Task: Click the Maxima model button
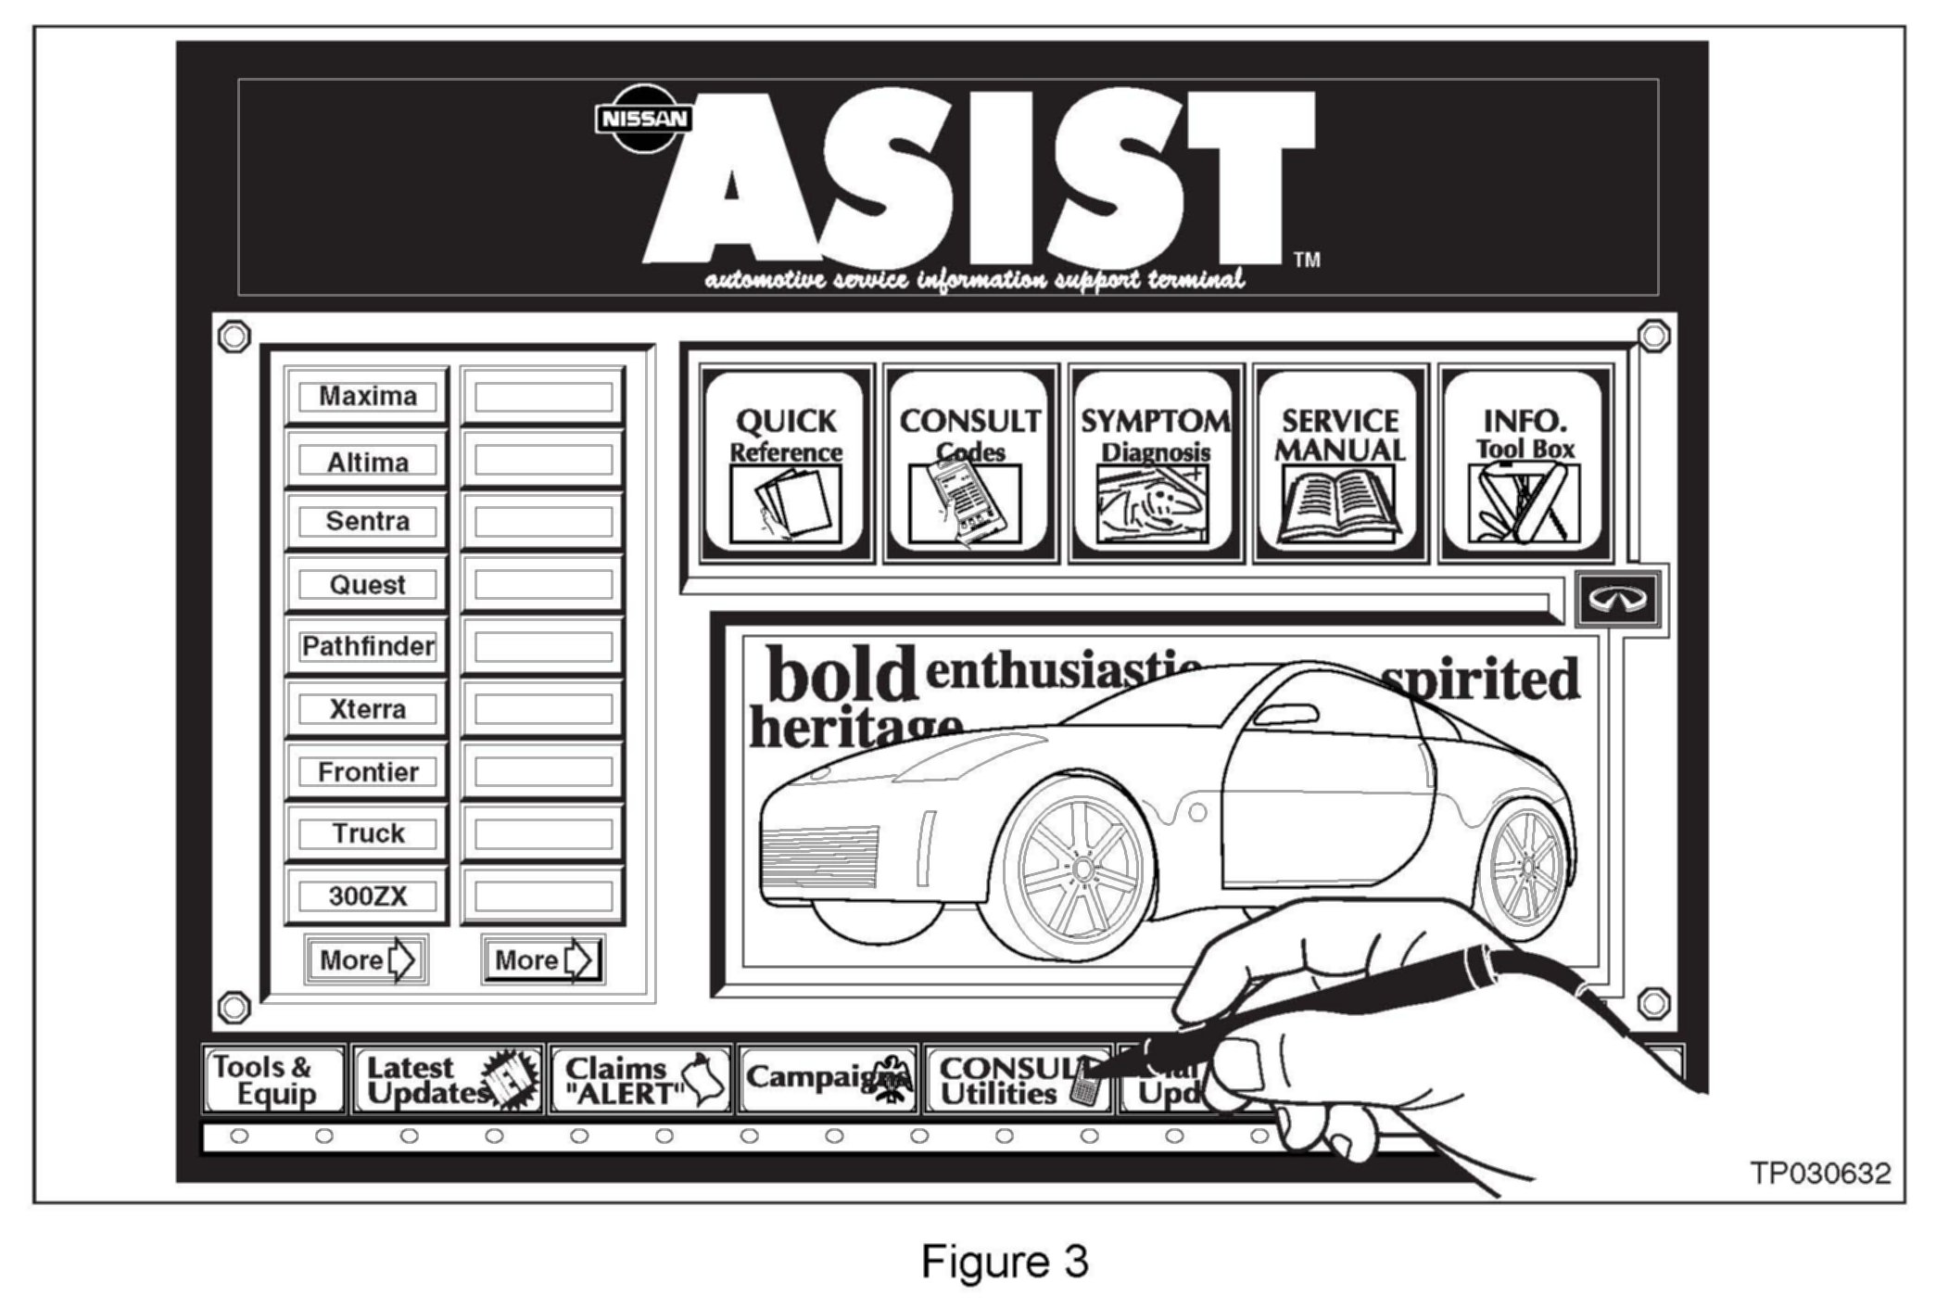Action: point(367,396)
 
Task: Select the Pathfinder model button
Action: point(367,646)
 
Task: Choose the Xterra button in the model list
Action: point(367,709)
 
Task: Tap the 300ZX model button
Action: point(367,896)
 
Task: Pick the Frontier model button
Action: point(367,771)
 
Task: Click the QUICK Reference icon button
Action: point(785,464)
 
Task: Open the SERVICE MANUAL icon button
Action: point(1339,464)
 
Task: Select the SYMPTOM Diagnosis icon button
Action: point(1155,464)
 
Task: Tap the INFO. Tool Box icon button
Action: point(1525,464)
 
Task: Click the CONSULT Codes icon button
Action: point(970,464)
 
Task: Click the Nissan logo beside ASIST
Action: point(642,119)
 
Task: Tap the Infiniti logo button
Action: point(1618,599)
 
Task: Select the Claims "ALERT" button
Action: point(640,1080)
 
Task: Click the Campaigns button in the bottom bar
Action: point(828,1078)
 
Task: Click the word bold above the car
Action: point(841,675)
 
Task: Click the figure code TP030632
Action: point(1820,1174)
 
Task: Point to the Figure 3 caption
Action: point(1005,1262)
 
